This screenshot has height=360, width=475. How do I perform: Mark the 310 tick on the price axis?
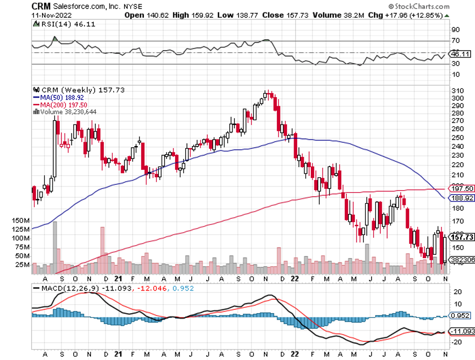coord(457,90)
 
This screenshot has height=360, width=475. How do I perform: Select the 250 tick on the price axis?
coord(457,137)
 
